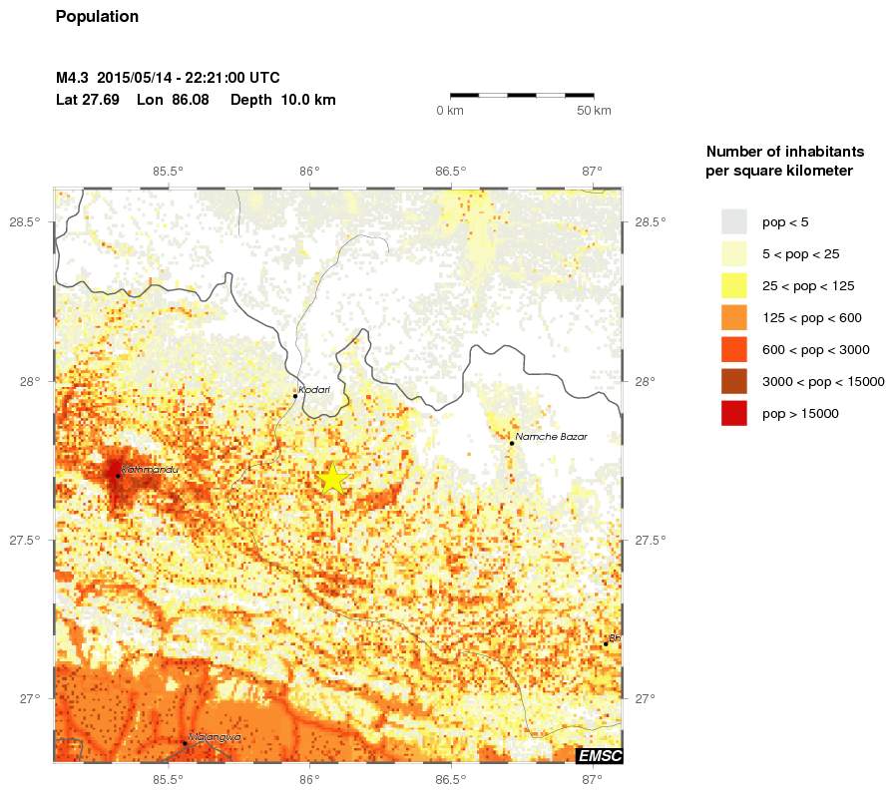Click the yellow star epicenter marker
(x=333, y=479)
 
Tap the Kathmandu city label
(x=149, y=469)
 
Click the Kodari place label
(x=314, y=390)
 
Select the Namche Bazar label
(x=552, y=437)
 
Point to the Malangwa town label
(x=216, y=737)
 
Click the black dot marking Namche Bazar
(x=512, y=443)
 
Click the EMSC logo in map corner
(x=600, y=756)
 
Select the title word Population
(x=97, y=17)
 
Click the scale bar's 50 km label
(x=594, y=110)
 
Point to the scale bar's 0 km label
(x=450, y=110)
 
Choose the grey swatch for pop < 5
(x=734, y=221)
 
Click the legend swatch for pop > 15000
(x=734, y=413)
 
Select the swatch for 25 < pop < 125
(x=734, y=285)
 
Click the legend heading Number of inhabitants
(x=784, y=152)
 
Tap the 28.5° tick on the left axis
(x=26, y=221)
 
